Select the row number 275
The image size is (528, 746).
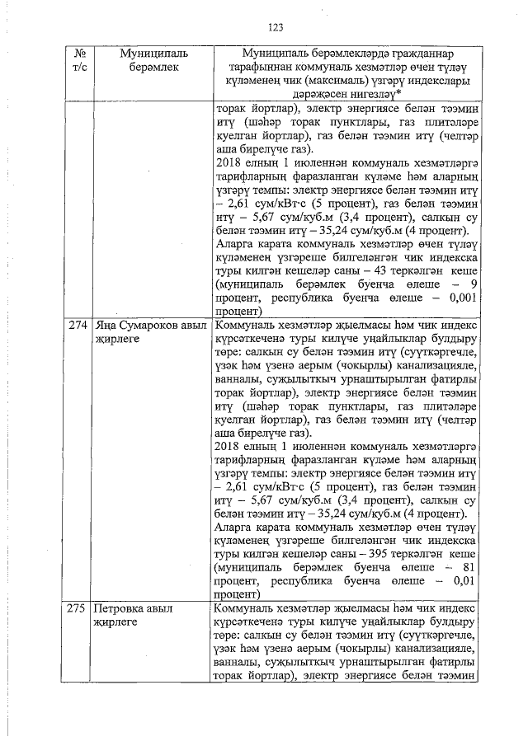pyautogui.click(x=77, y=609)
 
